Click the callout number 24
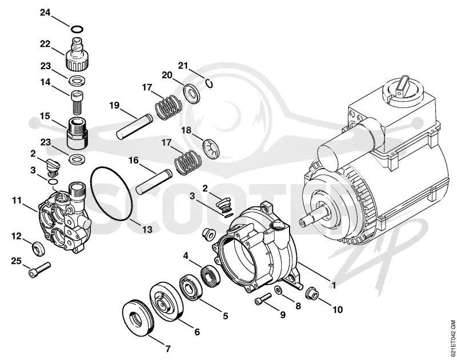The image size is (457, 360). pos(45,13)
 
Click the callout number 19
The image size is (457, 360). pos(115,105)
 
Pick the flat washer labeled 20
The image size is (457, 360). pos(192,93)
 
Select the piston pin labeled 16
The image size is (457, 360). pos(154,182)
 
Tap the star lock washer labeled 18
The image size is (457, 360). pos(211,150)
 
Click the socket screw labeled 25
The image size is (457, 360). pos(39,269)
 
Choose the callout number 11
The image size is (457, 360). pos(17,200)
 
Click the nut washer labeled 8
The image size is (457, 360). pos(278,291)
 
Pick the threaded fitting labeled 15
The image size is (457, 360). pos(77,133)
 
